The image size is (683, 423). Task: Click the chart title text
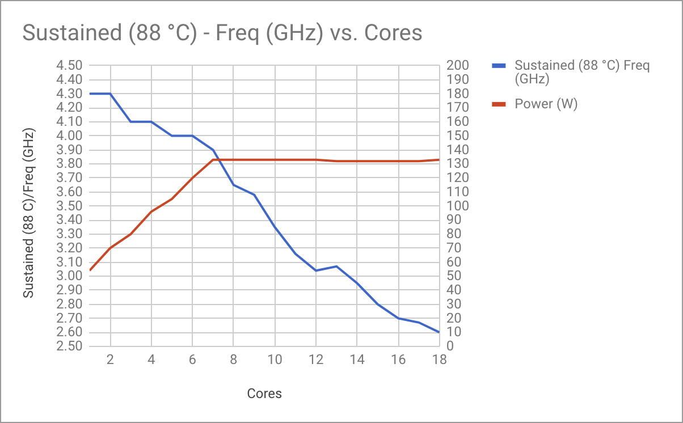click(x=222, y=33)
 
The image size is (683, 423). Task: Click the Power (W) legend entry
click(x=546, y=104)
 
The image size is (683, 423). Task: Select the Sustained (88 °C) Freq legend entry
click(x=581, y=72)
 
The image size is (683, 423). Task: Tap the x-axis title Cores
click(x=264, y=394)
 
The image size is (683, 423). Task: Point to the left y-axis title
click(x=29, y=213)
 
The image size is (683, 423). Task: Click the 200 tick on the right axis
click(x=457, y=66)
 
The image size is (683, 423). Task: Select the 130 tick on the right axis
click(x=457, y=164)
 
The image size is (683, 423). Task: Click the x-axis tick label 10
click(x=275, y=359)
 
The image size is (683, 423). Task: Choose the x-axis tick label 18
click(x=439, y=359)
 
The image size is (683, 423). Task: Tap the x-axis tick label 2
click(x=111, y=359)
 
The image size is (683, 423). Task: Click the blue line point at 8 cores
click(x=234, y=185)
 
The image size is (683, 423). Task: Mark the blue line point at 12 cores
click(x=316, y=270)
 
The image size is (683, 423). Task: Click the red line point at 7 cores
click(x=213, y=159)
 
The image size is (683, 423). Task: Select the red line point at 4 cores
click(x=151, y=212)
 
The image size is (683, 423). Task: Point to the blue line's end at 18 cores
click(x=439, y=332)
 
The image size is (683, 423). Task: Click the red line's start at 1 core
click(x=90, y=270)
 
